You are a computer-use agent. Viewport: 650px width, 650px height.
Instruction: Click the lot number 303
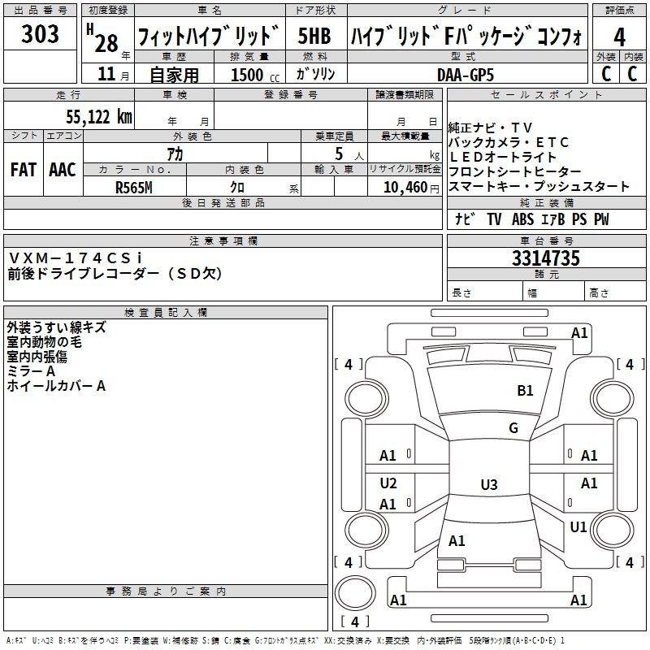(41, 34)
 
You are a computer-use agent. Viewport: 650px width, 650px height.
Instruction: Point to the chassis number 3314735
(546, 260)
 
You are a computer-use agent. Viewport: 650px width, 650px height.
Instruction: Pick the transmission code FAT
(24, 170)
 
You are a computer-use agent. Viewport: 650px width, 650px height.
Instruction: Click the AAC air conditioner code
(63, 170)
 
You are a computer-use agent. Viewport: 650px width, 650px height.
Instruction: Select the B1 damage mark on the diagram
(525, 391)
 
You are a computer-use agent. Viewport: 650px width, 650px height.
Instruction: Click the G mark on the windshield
(513, 428)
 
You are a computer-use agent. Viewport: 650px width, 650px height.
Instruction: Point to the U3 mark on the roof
(488, 485)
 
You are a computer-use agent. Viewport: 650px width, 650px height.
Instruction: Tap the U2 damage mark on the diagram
(388, 483)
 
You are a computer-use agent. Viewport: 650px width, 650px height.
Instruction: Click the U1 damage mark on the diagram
(578, 527)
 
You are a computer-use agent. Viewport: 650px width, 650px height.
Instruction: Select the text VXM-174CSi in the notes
(76, 258)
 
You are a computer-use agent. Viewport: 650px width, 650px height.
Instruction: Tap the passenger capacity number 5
(338, 154)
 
